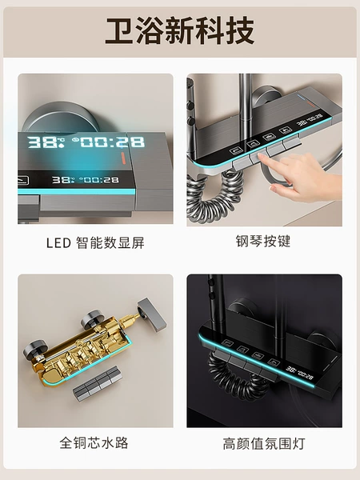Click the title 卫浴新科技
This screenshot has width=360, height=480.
[x=180, y=31]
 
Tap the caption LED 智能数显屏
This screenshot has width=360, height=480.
[x=95, y=243]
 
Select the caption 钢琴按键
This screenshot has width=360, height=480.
[x=263, y=242]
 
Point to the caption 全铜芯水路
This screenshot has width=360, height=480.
[x=94, y=442]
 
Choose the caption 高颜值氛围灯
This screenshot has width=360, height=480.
[x=264, y=443]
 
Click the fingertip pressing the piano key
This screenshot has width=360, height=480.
[x=262, y=157]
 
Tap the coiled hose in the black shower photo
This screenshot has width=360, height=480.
[x=239, y=376]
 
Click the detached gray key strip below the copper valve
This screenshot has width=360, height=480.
[x=98, y=384]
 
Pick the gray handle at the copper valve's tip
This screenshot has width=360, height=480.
[x=152, y=314]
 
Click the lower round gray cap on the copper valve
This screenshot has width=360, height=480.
[x=34, y=350]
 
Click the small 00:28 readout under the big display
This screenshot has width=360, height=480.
[x=98, y=180]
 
